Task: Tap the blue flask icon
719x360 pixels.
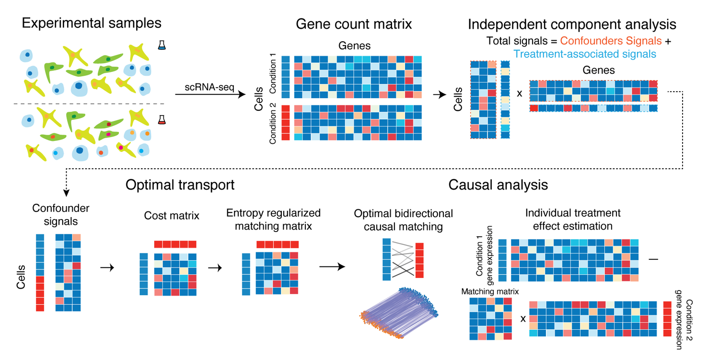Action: [162, 45]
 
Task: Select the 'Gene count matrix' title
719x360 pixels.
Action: [354, 24]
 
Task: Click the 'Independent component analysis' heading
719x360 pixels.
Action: [572, 24]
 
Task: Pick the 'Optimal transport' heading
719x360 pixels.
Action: [180, 185]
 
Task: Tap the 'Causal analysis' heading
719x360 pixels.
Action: [498, 185]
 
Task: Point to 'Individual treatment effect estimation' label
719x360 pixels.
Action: [566, 219]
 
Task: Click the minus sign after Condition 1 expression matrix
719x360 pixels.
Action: [653, 259]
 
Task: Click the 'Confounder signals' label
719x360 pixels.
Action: [55, 214]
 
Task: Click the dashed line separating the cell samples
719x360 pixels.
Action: [92, 104]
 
